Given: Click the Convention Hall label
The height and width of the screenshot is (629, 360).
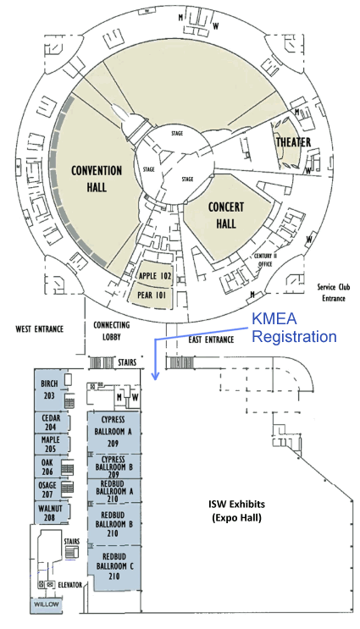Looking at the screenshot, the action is coord(97,179).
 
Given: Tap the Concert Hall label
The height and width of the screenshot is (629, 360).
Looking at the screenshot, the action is coord(226,215).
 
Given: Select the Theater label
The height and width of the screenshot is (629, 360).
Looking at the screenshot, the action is coord(293,142).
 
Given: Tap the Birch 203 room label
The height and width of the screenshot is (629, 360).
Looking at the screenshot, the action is coord(49,389).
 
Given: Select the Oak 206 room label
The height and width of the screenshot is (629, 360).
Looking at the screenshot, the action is coord(47,466).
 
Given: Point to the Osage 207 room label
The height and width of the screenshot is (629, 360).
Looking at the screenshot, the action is coord(47,489).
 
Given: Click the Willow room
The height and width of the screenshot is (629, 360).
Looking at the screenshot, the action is coord(46,604).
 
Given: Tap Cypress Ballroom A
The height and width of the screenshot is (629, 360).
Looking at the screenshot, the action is coord(114,432).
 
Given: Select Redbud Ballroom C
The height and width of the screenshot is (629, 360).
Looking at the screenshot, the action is coord(116,567).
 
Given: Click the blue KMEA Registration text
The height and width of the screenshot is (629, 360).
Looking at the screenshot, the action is coord(294,328).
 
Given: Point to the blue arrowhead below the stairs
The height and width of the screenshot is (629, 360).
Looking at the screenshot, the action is coord(155,376).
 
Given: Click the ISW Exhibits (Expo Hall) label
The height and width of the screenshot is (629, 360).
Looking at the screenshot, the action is coord(237,510).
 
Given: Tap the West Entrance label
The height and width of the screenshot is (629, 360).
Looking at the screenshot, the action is coord(39,329).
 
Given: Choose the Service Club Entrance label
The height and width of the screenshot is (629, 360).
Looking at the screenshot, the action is coord(334,292).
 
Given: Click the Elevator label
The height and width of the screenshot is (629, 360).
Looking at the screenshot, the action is coord(69,585).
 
